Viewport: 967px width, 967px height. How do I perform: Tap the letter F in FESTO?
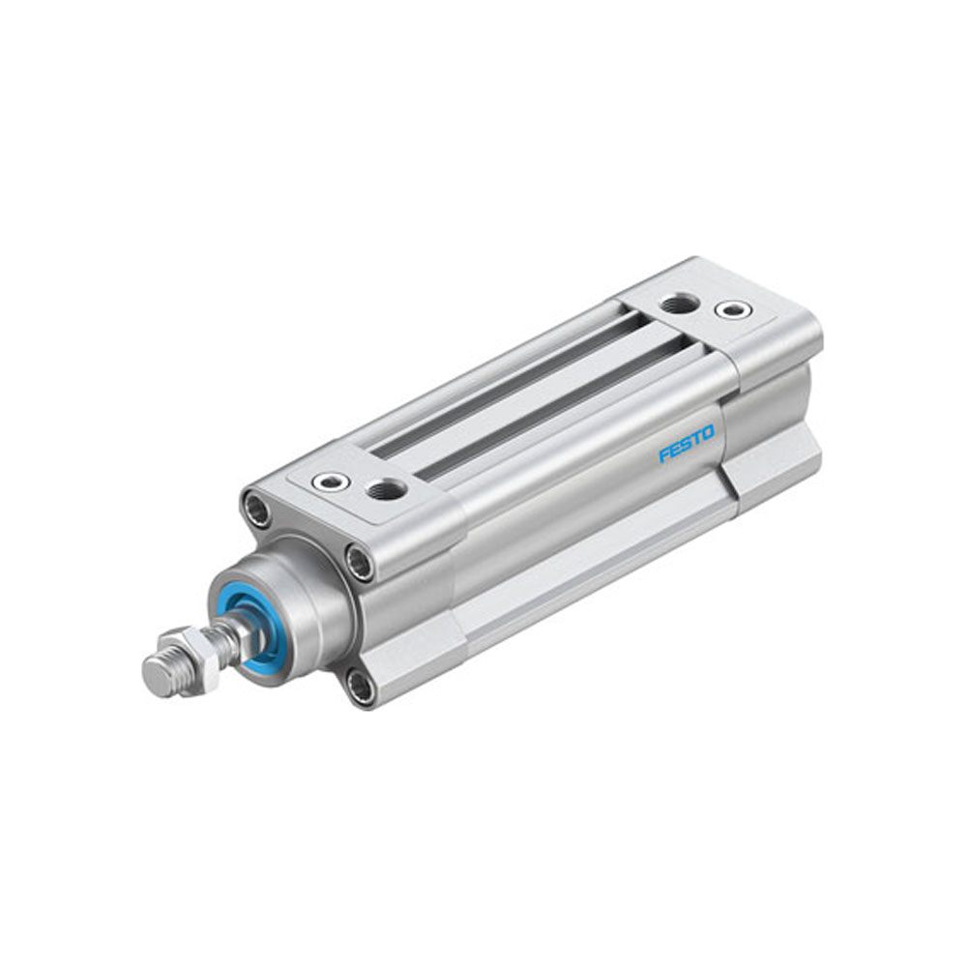[x=665, y=454]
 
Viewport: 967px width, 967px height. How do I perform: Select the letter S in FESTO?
[x=687, y=444]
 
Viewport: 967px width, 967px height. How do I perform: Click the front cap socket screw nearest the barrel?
[x=361, y=562]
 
